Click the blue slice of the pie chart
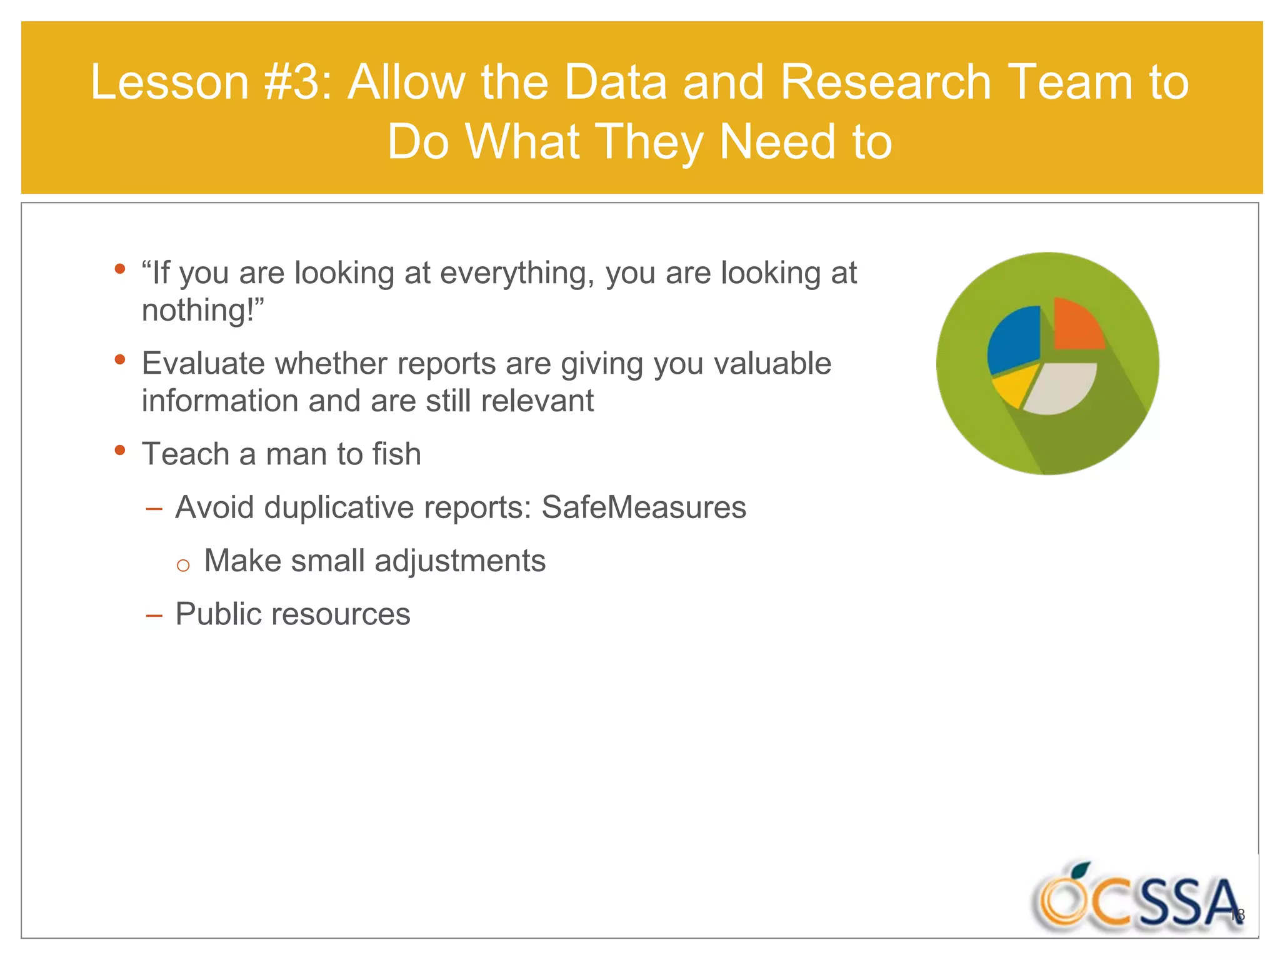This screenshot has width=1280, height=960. click(1012, 341)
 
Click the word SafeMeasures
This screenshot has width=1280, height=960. click(644, 507)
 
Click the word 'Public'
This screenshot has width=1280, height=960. click(218, 614)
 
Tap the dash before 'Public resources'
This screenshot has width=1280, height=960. click(154, 616)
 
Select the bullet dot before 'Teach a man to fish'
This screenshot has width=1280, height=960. click(121, 450)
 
